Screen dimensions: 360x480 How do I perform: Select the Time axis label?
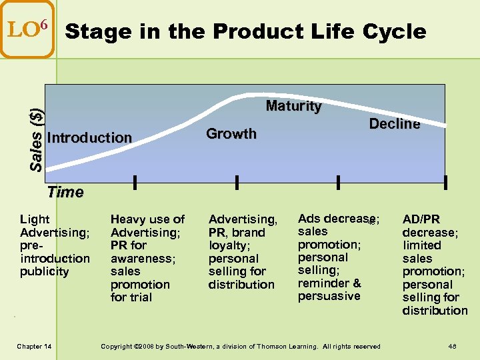coord(65,193)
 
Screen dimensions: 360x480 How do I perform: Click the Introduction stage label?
coord(90,138)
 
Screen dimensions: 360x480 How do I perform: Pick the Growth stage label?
coord(231,134)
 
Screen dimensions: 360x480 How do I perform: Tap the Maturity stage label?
coord(293,106)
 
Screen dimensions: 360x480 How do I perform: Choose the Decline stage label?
coord(394,124)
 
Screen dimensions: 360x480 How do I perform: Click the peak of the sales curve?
coord(253,97)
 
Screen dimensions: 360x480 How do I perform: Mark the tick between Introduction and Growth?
coord(135,182)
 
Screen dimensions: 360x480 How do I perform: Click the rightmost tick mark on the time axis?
coord(445,182)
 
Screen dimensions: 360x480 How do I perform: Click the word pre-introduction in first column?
coord(55,252)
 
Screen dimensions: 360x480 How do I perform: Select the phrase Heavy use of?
coord(147,219)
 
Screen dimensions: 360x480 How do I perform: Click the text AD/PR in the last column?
coord(421,219)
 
